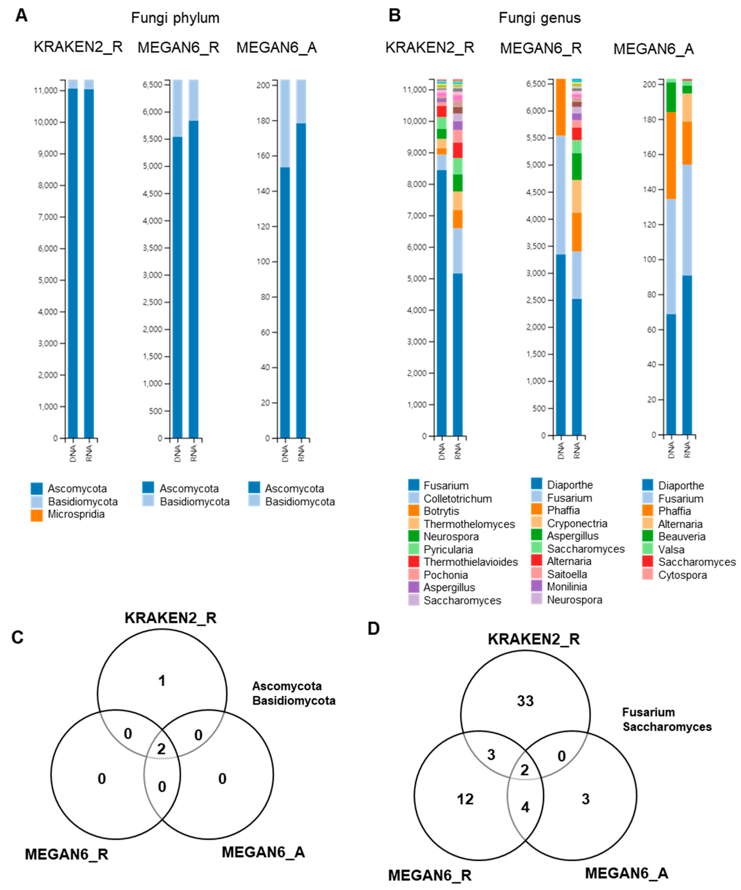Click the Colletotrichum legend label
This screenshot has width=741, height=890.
coord(457,499)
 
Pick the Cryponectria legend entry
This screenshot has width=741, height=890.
coord(577,523)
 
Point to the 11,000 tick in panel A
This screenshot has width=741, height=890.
coord(46,90)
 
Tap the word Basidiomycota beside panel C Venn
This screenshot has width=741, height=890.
coord(294,700)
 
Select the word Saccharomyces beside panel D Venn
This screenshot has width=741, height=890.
coord(667,727)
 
